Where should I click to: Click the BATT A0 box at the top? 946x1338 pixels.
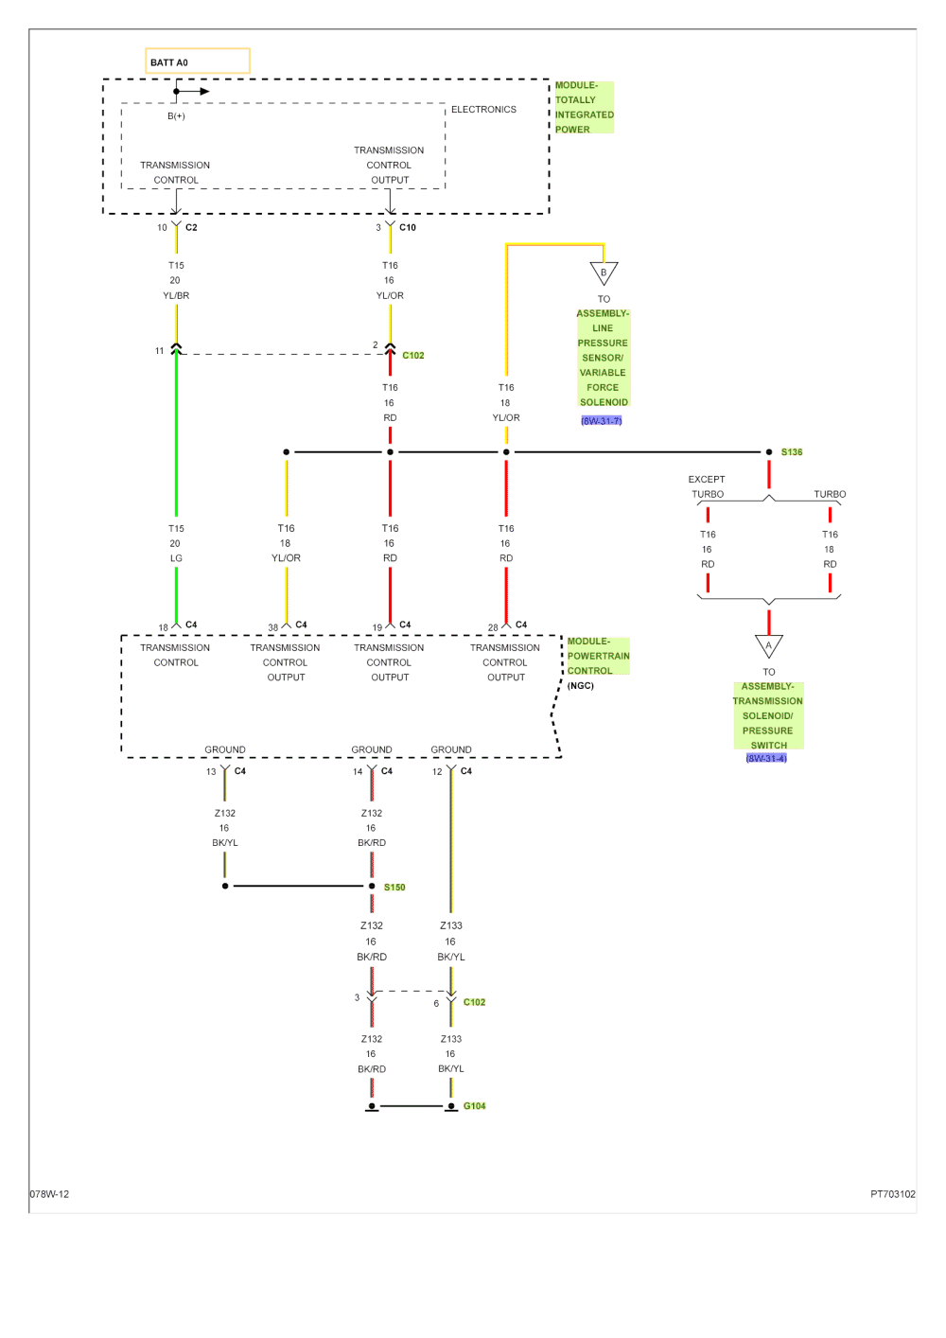197,62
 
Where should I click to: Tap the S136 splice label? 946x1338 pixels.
792,452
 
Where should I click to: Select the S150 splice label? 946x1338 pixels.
394,887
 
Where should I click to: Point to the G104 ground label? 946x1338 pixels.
474,1105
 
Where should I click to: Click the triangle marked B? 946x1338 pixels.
603,273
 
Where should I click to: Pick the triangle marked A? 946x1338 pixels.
768,646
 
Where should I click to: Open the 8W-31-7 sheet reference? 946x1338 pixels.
602,420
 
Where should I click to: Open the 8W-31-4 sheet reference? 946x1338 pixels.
766,758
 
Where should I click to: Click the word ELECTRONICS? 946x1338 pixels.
483,110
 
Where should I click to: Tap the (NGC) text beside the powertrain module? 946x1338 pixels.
581,685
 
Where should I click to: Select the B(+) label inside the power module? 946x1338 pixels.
176,115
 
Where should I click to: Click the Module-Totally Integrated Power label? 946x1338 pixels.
584,107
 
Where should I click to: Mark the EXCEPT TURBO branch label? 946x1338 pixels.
707,486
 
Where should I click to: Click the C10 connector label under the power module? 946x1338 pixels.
407,228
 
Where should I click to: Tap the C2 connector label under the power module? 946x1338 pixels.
191,228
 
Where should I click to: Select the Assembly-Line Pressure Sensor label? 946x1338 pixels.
603,358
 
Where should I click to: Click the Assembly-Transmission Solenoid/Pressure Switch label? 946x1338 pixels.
767,715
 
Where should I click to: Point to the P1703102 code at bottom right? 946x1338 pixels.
893,1194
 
